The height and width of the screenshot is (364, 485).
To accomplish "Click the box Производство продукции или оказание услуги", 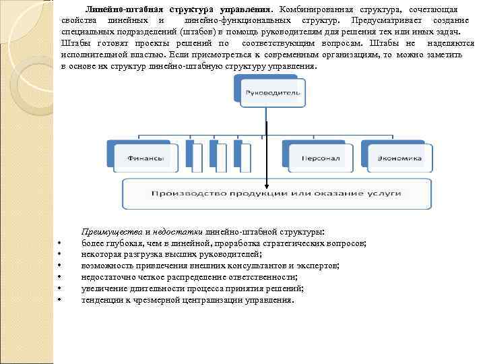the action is click(x=276, y=193).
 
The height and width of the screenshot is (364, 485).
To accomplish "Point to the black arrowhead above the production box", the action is click(x=267, y=188).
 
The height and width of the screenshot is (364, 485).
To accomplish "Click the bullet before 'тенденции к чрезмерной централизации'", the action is click(x=60, y=300).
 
